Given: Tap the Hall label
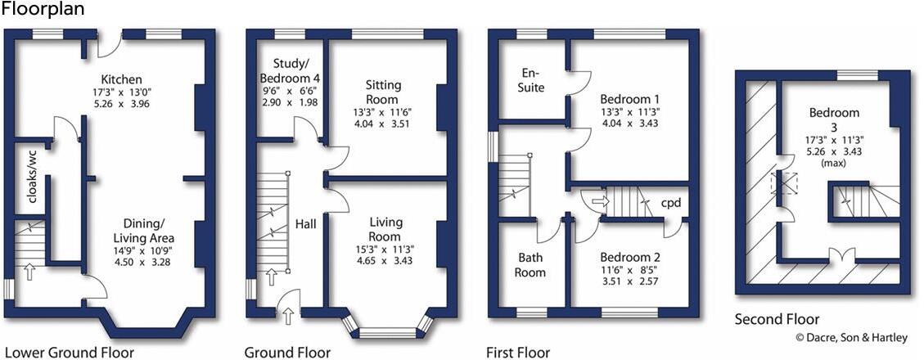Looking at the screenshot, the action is (x=306, y=223).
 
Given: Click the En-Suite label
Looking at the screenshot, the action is (x=528, y=80).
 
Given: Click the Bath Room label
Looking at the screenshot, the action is (x=530, y=265).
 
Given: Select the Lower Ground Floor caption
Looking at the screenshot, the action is (x=64, y=353).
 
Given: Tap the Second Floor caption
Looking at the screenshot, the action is (x=777, y=319).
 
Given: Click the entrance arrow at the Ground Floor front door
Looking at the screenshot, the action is (x=286, y=313).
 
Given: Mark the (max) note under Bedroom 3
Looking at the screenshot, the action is (x=834, y=162).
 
